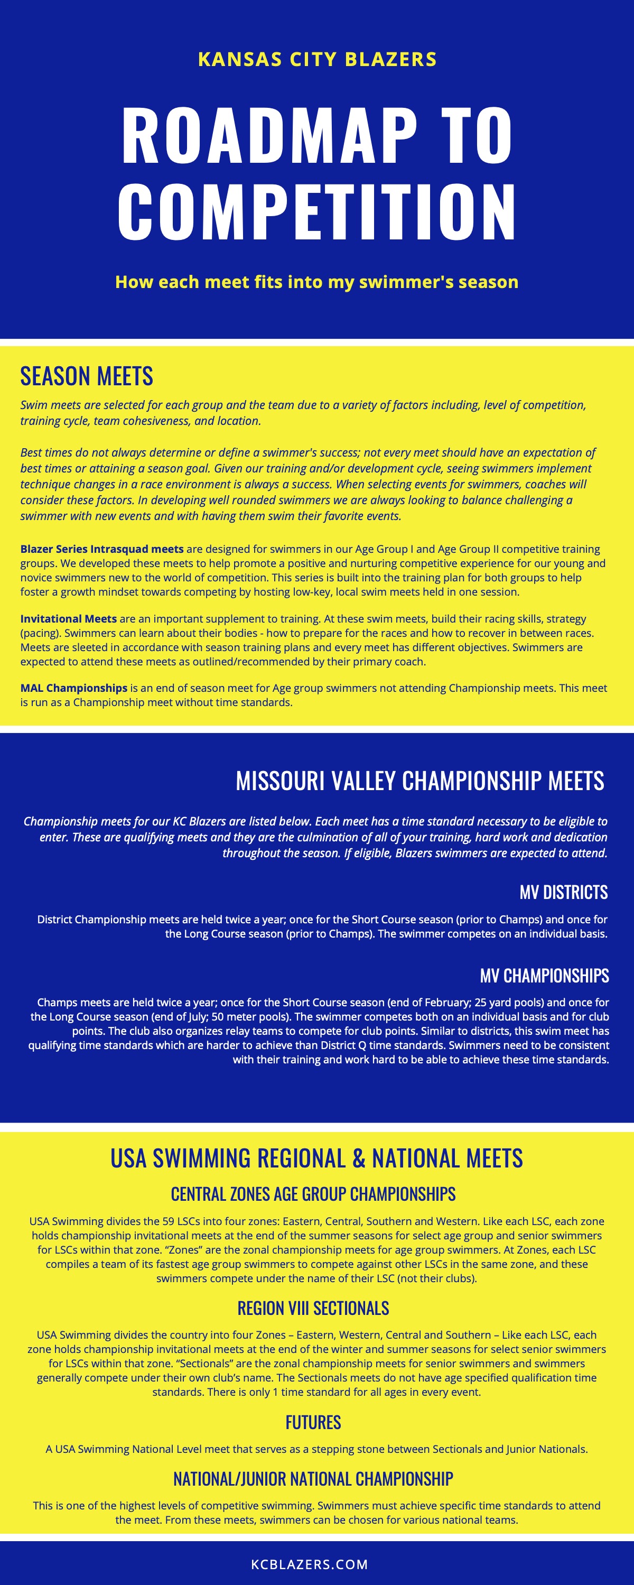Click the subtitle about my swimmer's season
(316, 282)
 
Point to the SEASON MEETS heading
(87, 376)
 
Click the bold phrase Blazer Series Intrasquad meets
(102, 549)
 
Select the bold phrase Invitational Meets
(68, 618)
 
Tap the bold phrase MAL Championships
(74, 688)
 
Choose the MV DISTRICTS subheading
(563, 892)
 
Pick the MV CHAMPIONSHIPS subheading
(544, 975)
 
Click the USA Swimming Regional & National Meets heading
(316, 1158)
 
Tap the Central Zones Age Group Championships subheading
(313, 1194)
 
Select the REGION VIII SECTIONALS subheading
(313, 1308)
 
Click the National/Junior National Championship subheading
(313, 1479)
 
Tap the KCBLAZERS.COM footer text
(309, 1564)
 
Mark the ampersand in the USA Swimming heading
(359, 1158)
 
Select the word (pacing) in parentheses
(41, 633)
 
